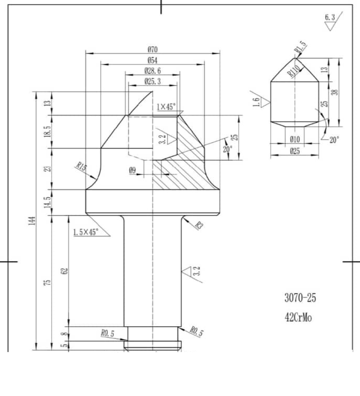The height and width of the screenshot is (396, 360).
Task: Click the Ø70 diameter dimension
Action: pos(153,49)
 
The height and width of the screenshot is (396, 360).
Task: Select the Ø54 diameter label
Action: pos(153,60)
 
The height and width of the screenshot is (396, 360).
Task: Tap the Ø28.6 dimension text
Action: pos(153,71)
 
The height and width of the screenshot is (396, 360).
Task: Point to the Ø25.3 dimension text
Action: pos(153,81)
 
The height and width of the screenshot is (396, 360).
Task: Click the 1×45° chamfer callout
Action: pos(166,107)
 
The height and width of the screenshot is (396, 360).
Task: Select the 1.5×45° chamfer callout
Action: pos(85,232)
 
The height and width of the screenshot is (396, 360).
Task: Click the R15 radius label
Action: pos(81,166)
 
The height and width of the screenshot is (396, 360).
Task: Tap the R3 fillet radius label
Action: pos(199,225)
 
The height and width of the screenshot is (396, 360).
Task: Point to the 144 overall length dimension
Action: pos(32,221)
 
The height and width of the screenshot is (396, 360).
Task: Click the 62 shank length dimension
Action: pos(65,271)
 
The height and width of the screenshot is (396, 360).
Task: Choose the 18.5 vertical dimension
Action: pos(49,131)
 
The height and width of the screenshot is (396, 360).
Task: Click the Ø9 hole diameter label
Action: pos(132,170)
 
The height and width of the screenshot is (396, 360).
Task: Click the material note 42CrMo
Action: pos(298,318)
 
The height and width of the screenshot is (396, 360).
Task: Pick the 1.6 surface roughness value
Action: pos(256,102)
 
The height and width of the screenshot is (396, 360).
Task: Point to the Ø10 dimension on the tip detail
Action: pos(295,139)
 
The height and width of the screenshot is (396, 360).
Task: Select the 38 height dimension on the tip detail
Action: pos(335,92)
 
